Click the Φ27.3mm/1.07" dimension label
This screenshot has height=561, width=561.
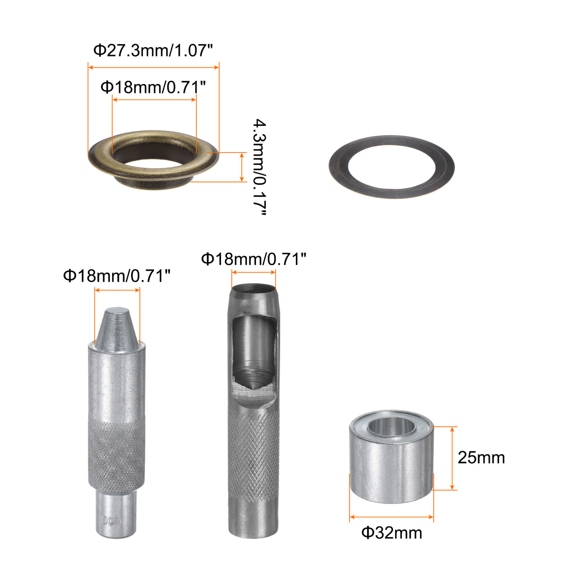pyautogui.click(x=153, y=50)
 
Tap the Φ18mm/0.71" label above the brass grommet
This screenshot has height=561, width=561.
pyautogui.click(x=153, y=87)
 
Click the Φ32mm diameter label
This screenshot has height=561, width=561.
pyautogui.click(x=391, y=533)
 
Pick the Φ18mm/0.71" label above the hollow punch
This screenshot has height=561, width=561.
pyautogui.click(x=254, y=259)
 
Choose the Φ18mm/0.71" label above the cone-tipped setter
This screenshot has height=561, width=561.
pyautogui.click(x=117, y=275)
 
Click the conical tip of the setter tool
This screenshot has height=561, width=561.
pyautogui.click(x=117, y=329)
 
